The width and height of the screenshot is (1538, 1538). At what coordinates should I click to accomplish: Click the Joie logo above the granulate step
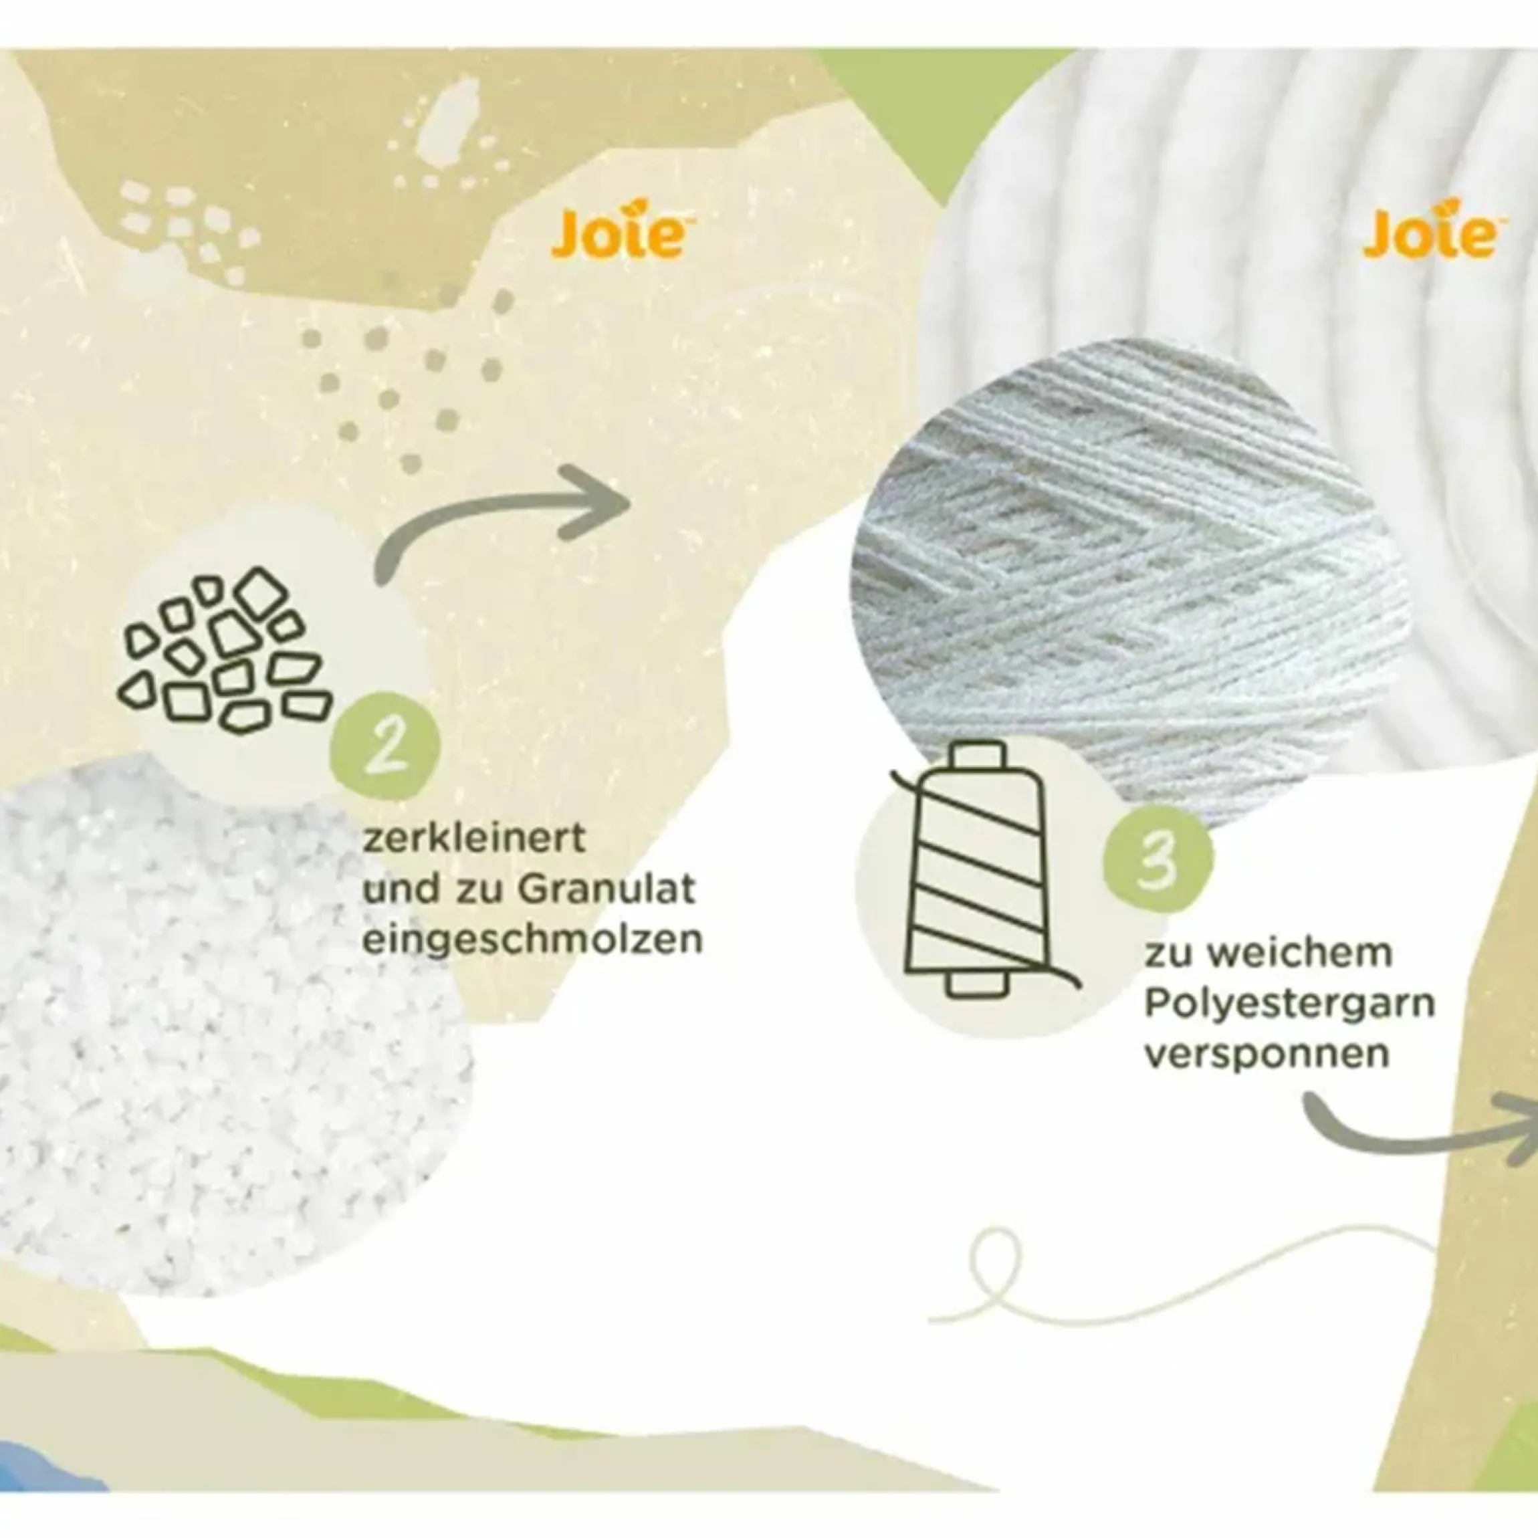click(619, 233)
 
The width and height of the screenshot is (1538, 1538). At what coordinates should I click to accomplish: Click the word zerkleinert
click(475, 839)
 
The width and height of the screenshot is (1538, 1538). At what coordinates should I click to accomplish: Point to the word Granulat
click(609, 889)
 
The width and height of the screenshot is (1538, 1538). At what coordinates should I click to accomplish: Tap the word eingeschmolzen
click(532, 940)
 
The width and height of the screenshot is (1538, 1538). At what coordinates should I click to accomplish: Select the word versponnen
click(1267, 1053)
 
